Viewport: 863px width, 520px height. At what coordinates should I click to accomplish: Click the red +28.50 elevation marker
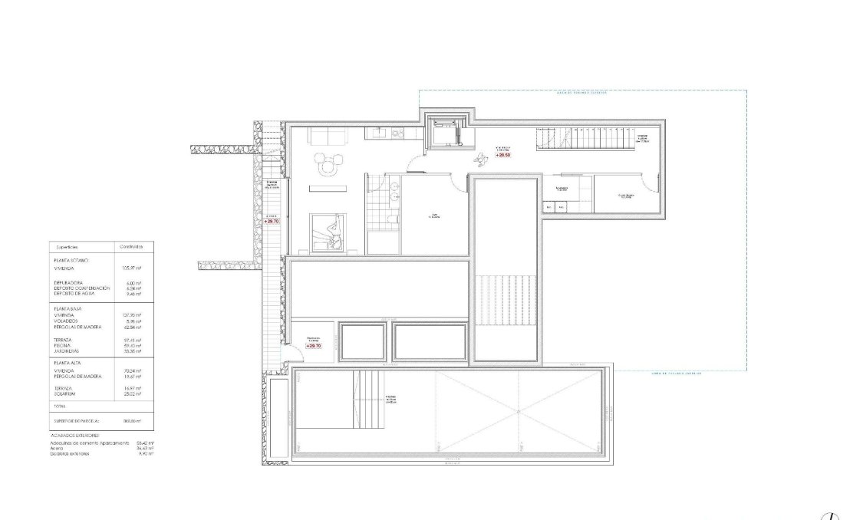click(x=502, y=155)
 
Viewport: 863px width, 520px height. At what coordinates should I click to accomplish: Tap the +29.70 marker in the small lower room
click(x=313, y=346)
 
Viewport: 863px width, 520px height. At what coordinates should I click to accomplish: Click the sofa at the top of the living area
click(x=329, y=136)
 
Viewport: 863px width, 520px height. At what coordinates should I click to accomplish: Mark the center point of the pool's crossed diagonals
click(x=519, y=413)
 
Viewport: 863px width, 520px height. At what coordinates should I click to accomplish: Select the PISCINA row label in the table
click(x=64, y=345)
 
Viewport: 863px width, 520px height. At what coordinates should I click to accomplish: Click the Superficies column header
click(x=68, y=247)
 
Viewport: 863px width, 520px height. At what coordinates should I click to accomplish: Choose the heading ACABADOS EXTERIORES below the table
click(x=75, y=435)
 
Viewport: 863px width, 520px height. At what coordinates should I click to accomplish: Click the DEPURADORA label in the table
click(x=69, y=282)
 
